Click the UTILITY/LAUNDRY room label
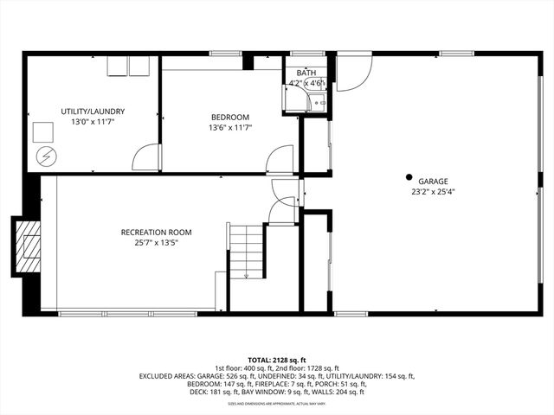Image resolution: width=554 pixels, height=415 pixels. point(93,112)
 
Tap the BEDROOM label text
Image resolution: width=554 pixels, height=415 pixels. point(230,118)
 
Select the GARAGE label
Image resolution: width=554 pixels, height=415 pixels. point(433,182)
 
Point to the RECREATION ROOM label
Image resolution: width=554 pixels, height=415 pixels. point(156,232)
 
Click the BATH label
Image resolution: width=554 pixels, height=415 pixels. point(306,73)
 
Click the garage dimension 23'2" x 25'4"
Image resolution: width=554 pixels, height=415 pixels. point(433,192)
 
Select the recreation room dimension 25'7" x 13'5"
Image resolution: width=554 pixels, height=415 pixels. point(156,243)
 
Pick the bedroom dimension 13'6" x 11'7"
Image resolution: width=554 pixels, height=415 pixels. point(230,129)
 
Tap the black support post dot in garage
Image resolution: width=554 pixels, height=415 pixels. point(409,176)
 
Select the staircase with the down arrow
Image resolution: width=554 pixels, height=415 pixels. point(246,251)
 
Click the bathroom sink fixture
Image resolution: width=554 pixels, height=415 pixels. point(319,103)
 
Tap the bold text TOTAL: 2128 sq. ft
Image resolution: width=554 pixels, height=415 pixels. point(277,360)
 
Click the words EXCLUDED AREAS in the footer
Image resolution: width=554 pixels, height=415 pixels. point(169,376)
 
